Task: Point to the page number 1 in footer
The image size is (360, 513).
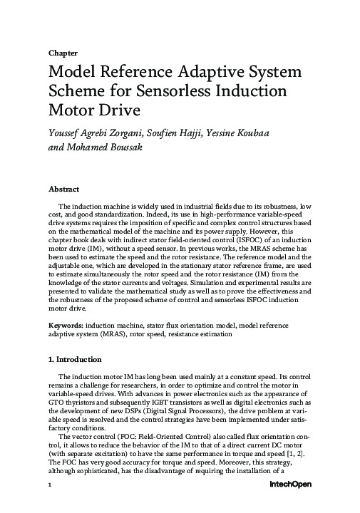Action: click(x=50, y=504)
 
